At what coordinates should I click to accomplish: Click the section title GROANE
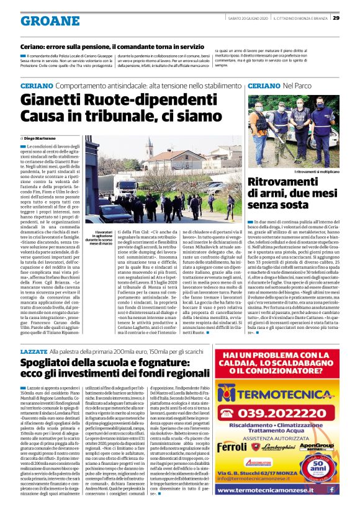(42, 22)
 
